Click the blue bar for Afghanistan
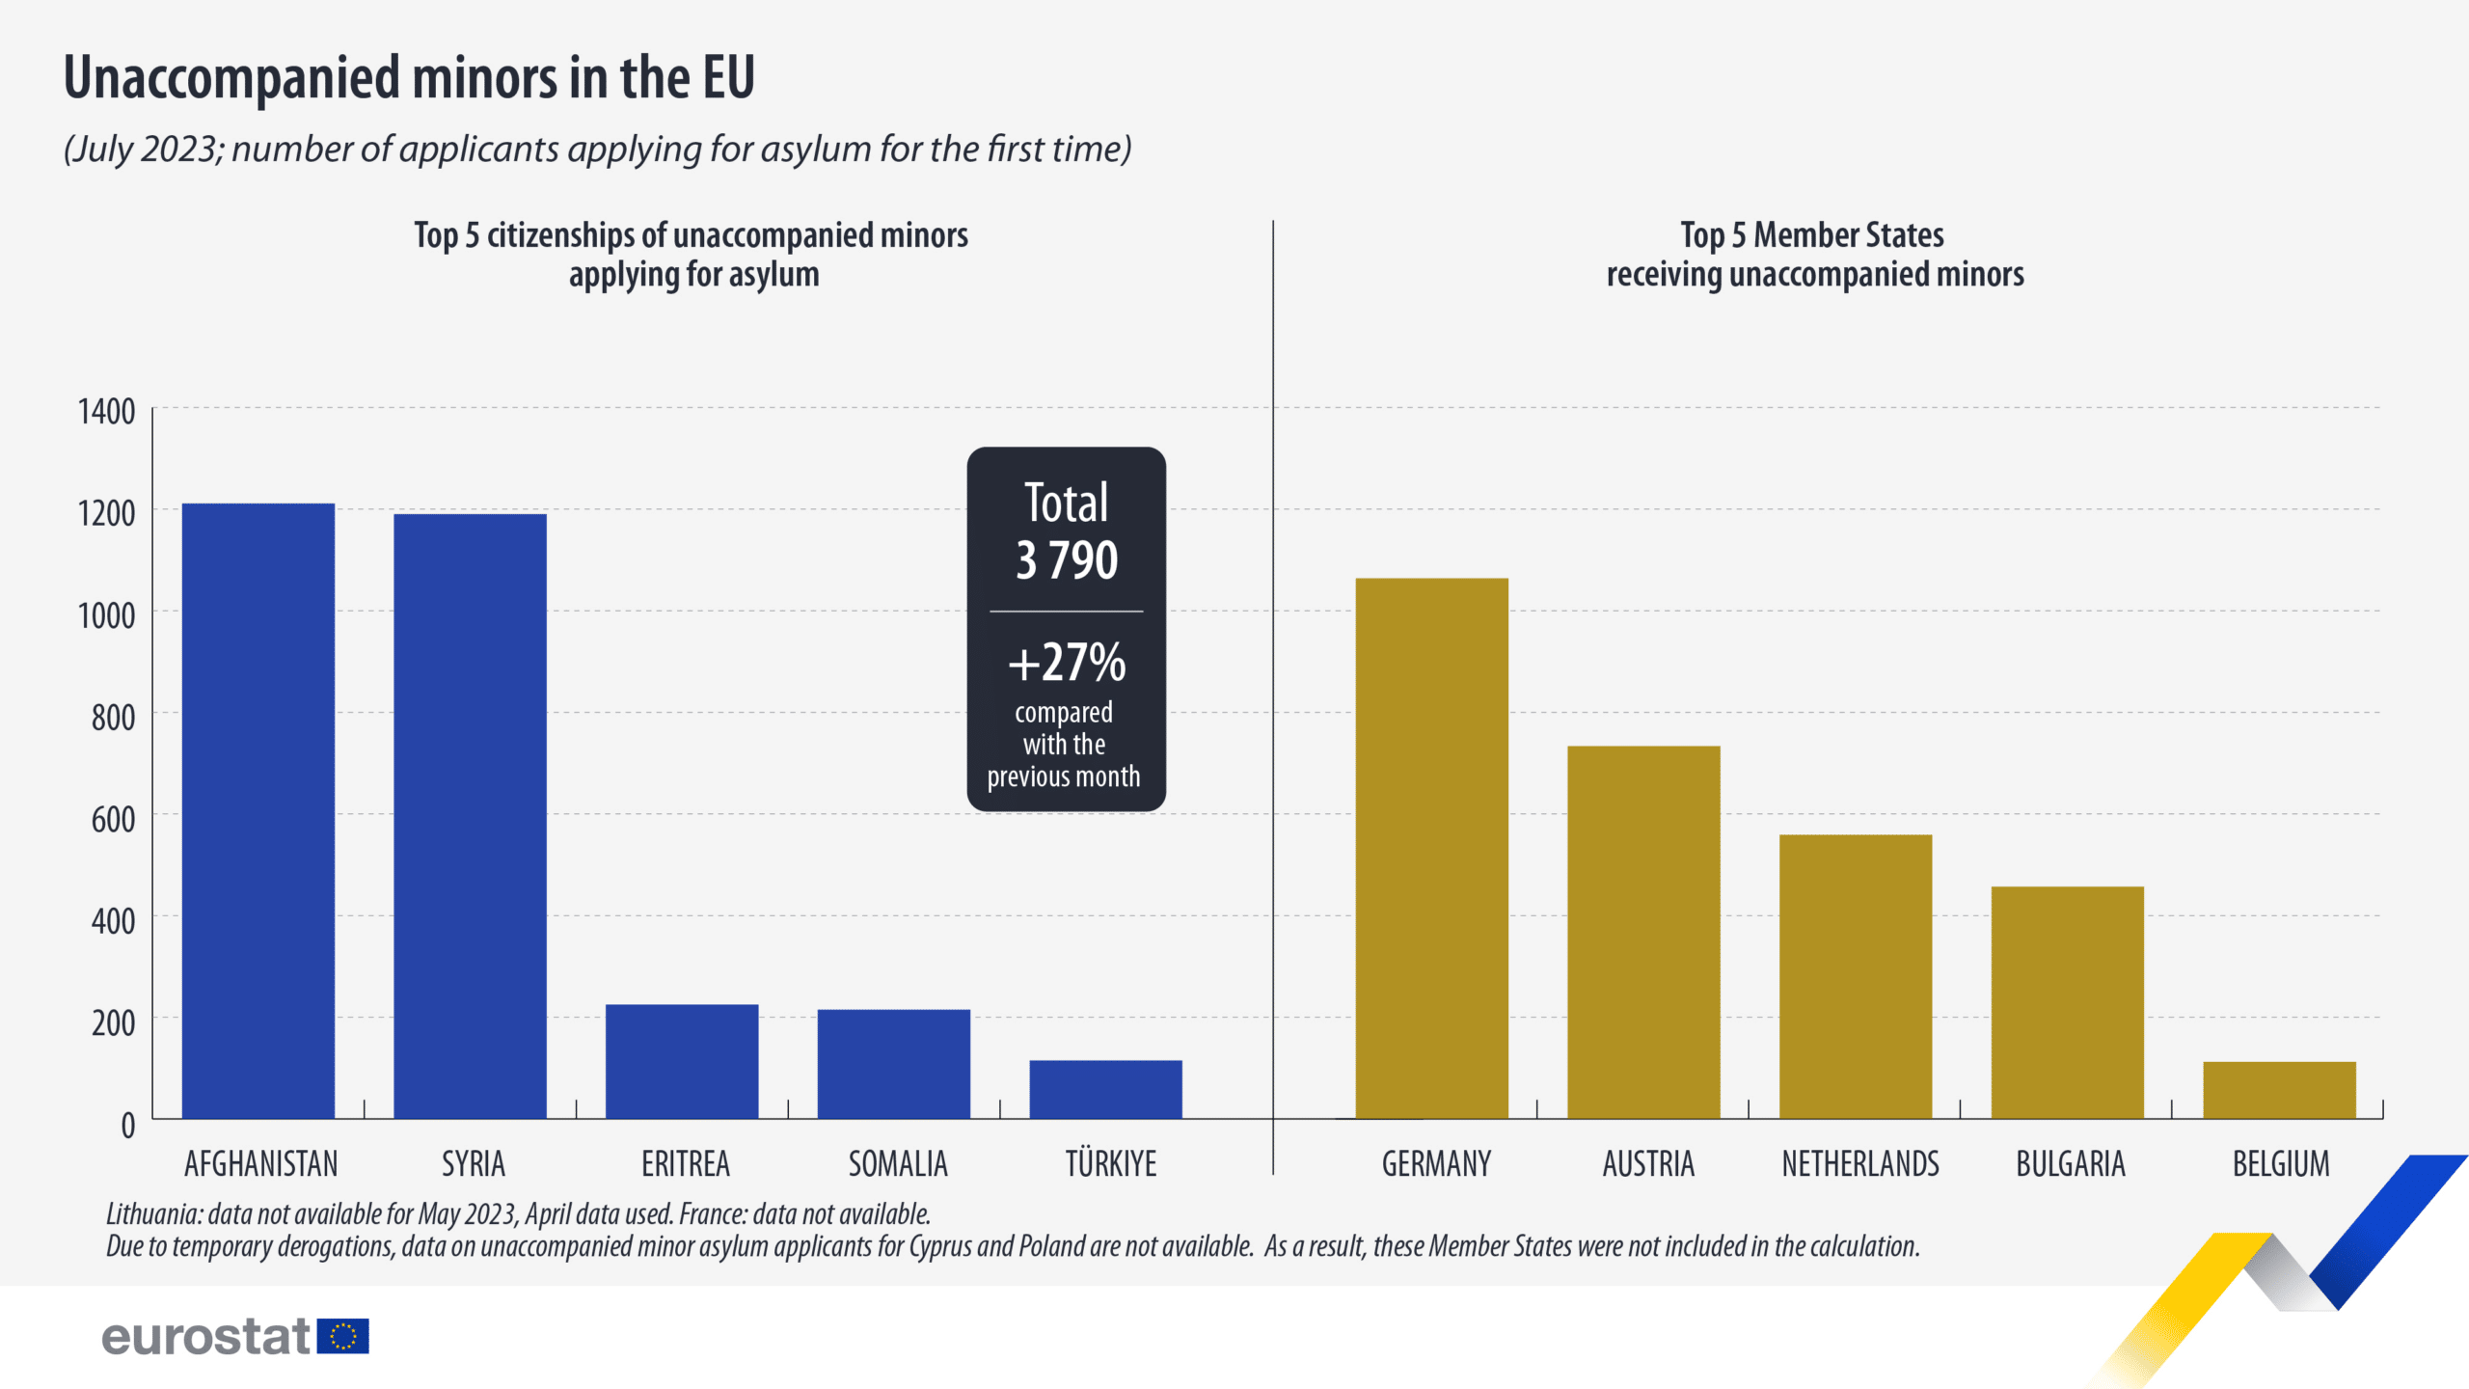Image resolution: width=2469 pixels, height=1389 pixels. coord(258,810)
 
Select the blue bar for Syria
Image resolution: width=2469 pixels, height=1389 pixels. coord(470,816)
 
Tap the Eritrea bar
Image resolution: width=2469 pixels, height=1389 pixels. coord(682,1061)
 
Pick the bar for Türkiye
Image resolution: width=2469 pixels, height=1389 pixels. coord(1105,1089)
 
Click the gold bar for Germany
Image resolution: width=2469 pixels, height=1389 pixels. coord(1431,848)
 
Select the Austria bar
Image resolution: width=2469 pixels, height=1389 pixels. coord(1643,932)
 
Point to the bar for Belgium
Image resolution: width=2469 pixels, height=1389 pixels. coord(2279,1090)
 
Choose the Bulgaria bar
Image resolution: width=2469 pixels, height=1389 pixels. coord(2067,1002)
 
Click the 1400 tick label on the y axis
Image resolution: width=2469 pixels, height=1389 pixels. coord(106,412)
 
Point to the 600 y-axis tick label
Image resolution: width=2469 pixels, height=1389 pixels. coord(113,820)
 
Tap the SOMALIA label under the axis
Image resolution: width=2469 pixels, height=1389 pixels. coord(898,1164)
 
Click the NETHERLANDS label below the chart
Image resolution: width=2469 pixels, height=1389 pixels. coord(1859,1164)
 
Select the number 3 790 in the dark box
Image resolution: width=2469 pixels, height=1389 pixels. coord(1067,559)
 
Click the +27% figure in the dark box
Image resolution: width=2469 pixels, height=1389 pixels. coord(1067,662)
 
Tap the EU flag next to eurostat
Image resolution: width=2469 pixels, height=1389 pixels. coord(342,1336)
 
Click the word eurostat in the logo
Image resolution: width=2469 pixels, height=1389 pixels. coord(205,1337)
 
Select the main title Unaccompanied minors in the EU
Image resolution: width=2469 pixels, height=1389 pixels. coord(409,77)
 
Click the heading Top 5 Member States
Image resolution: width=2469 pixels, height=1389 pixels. coord(1811,234)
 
